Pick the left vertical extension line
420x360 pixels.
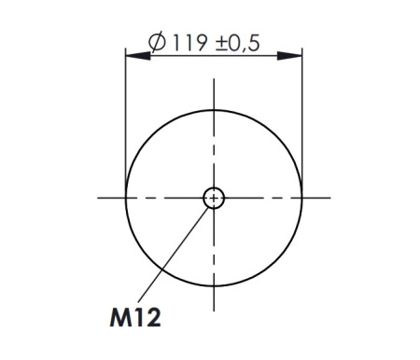click(x=125, y=121)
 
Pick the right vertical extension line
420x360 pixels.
click(x=304, y=121)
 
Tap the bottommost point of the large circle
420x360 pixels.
click(x=215, y=286)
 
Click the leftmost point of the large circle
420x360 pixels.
click(x=125, y=197)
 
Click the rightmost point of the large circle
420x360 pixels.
click(x=304, y=197)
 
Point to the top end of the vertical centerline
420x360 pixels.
click(x=215, y=80)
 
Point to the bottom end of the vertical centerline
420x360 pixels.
click(x=215, y=312)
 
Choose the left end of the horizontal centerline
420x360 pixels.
click(x=98, y=197)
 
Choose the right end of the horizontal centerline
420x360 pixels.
click(x=331, y=197)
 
